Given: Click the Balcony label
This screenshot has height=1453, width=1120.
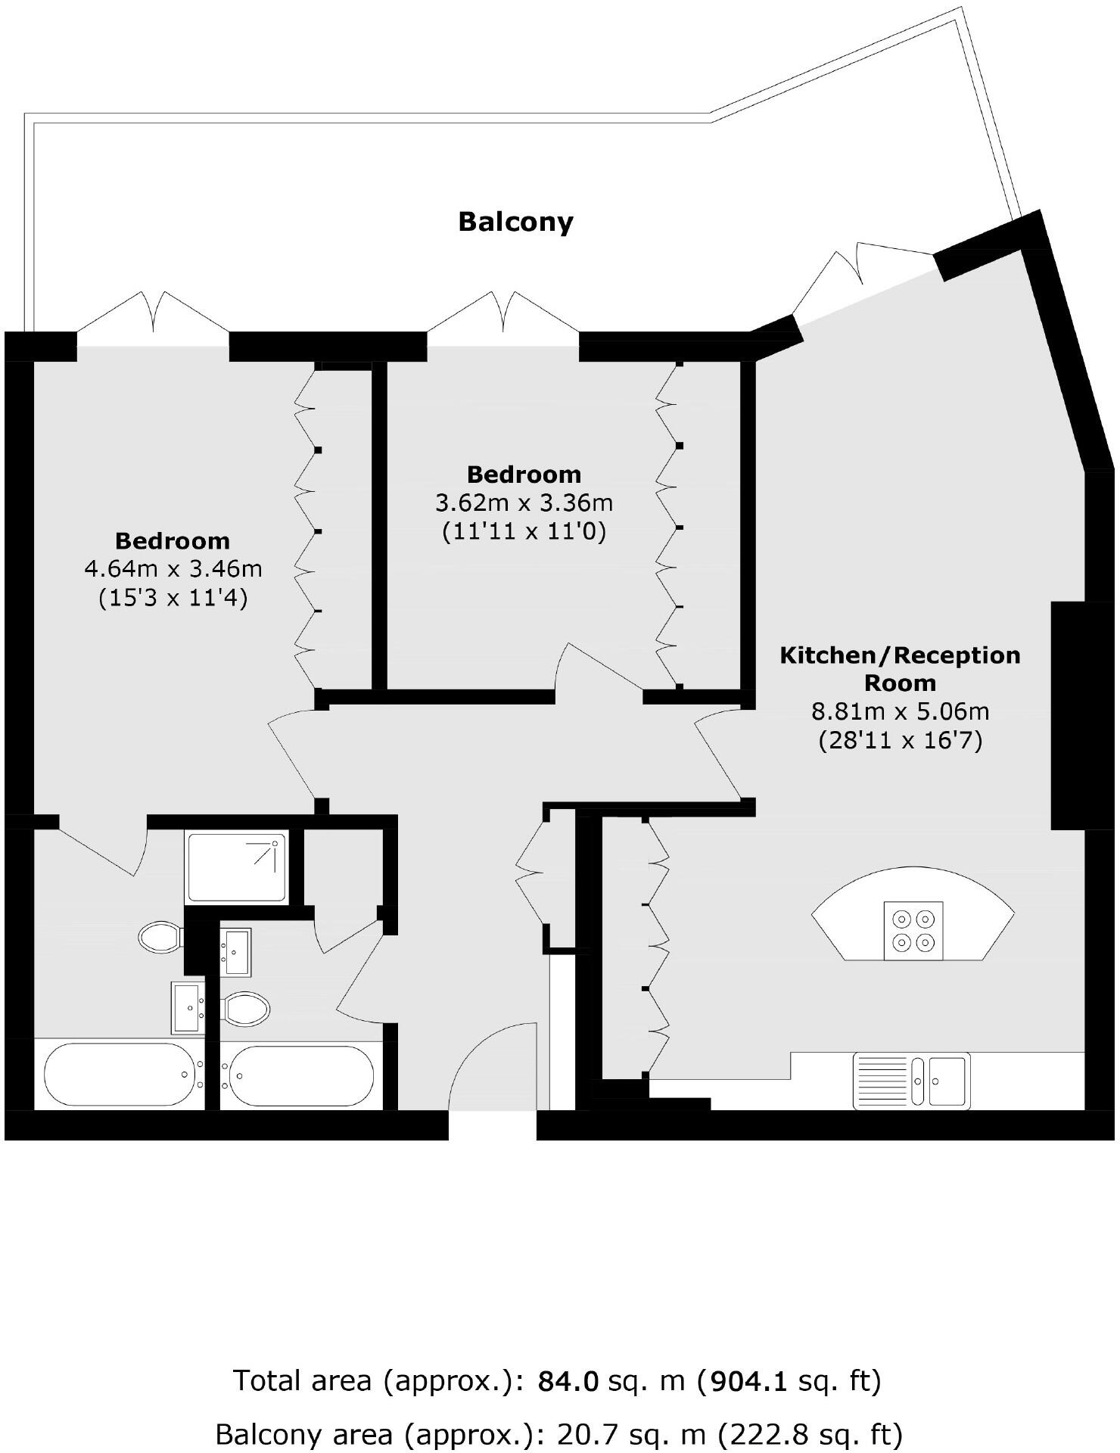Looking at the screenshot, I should [515, 222].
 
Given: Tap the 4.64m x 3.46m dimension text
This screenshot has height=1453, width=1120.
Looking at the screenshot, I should [173, 568].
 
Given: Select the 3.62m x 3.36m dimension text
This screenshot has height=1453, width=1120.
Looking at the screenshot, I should [524, 502].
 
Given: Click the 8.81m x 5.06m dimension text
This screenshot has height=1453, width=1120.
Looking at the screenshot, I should [900, 711].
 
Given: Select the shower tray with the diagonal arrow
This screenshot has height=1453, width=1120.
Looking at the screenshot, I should [236, 867].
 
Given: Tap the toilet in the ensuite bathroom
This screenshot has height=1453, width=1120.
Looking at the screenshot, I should [159, 937].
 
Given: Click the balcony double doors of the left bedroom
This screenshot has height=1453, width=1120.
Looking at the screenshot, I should [153, 314].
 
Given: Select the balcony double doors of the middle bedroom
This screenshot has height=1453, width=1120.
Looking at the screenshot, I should [504, 313].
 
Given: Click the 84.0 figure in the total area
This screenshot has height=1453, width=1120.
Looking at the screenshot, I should [568, 1381].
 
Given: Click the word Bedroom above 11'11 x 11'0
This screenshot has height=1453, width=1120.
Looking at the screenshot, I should [524, 474].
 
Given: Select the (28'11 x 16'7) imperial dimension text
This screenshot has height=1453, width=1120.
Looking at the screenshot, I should [900, 740].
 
